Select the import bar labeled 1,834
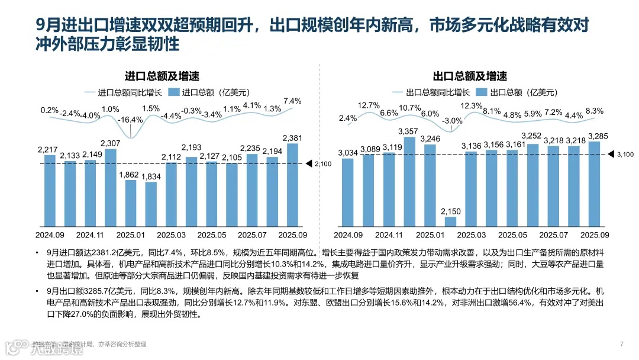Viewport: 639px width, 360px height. (x=151, y=205)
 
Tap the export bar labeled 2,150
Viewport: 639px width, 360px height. (x=450, y=223)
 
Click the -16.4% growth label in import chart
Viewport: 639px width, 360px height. (x=130, y=120)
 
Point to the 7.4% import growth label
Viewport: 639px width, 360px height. (x=292, y=101)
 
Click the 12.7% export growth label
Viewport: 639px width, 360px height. (x=369, y=105)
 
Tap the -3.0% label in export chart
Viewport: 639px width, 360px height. (x=452, y=121)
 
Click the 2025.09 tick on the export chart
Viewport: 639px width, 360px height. (x=594, y=235)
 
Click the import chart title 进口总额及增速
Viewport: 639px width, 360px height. (x=162, y=76)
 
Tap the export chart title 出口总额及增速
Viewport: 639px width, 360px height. (x=470, y=76)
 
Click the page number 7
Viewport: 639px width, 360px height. (x=621, y=344)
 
